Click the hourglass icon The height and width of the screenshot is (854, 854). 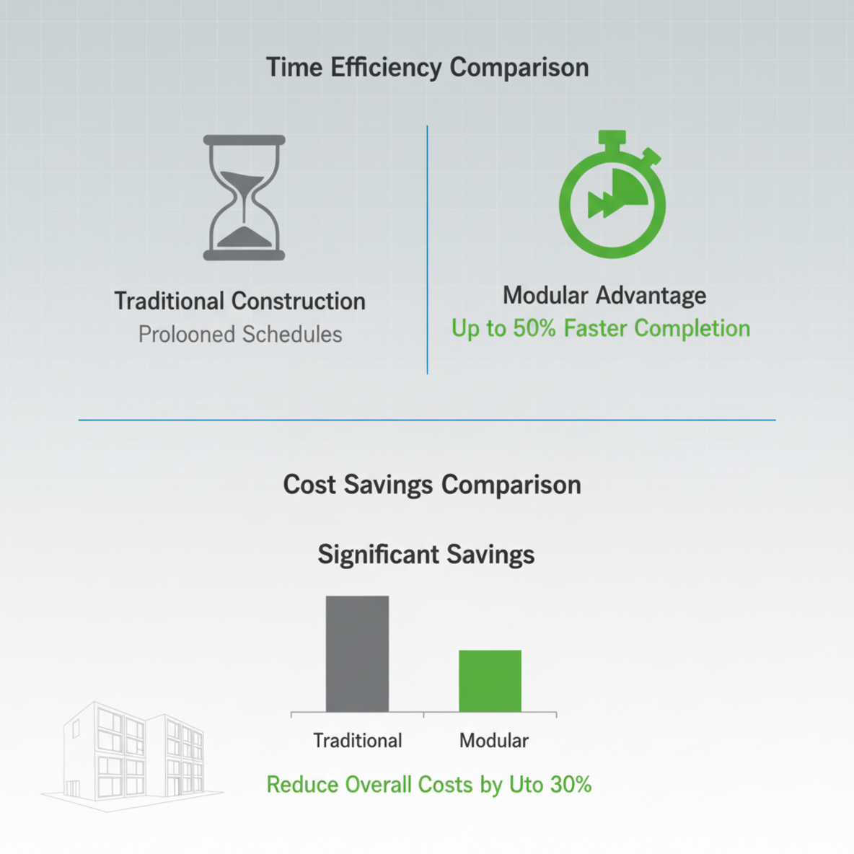click(244, 198)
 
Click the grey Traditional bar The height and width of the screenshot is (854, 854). click(357, 653)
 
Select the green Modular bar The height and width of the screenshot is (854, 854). click(490, 681)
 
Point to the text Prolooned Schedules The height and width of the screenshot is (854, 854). click(240, 335)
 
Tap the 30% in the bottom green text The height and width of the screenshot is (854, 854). click(571, 785)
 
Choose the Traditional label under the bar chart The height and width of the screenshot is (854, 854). click(357, 741)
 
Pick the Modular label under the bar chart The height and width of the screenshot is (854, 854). click(494, 741)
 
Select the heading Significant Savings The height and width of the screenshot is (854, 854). click(426, 555)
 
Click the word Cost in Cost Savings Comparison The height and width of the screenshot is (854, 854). click(309, 485)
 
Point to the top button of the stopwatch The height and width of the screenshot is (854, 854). click(612, 137)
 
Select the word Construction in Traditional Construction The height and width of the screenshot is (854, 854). click(299, 301)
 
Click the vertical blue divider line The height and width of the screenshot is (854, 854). click(427, 250)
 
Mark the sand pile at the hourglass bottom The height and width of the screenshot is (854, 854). click(244, 237)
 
